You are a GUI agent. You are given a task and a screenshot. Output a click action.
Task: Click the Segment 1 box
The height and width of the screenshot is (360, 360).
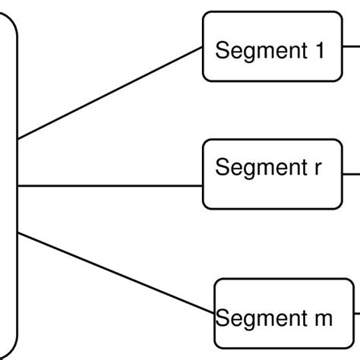(272, 46)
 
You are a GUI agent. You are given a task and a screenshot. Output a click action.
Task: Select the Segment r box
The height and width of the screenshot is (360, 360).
(272, 174)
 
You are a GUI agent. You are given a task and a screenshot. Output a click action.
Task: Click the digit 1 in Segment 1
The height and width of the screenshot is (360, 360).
(318, 51)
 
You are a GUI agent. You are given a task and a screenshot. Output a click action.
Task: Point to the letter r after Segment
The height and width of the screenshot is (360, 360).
(317, 168)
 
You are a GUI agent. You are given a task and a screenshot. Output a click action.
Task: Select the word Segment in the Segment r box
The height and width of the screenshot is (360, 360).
(259, 168)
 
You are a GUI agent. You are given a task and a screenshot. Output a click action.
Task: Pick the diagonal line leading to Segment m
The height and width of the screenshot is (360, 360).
(114, 273)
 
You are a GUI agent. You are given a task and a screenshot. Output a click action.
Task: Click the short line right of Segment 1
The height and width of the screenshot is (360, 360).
(351, 43)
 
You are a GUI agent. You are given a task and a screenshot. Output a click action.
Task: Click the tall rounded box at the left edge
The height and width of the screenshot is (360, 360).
(8, 182)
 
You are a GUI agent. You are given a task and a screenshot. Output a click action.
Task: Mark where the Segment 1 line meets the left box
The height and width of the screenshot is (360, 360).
(17, 139)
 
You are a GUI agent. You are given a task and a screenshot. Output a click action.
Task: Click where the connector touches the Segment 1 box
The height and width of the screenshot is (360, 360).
(203, 46)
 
